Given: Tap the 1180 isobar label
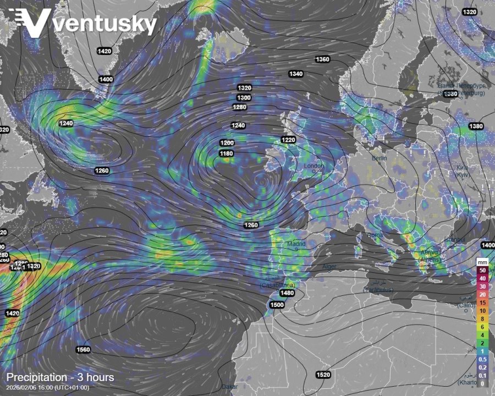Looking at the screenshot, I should click(x=227, y=153).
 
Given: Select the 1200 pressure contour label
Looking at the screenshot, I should click(x=227, y=143).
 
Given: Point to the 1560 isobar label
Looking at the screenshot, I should click(x=84, y=350).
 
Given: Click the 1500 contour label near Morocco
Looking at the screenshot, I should click(x=277, y=305).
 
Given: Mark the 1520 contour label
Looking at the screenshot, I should click(x=323, y=375).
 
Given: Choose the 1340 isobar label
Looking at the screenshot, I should click(x=296, y=74).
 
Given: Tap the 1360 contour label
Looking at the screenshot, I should click(x=322, y=59).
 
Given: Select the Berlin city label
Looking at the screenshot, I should click(x=380, y=158).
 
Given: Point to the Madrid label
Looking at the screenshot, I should click(x=296, y=244).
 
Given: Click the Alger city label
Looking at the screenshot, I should click(x=329, y=267).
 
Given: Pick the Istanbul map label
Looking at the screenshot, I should click(x=455, y=239).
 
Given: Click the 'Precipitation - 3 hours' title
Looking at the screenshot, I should click(x=61, y=377).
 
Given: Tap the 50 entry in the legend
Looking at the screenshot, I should click(x=482, y=271).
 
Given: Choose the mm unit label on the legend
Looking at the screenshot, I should click(x=482, y=262).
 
